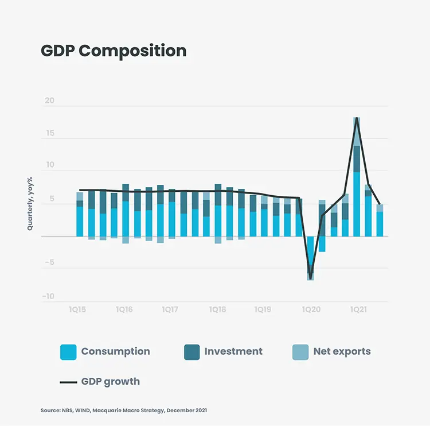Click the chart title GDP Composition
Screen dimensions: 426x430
coord(114,51)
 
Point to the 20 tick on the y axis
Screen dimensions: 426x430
coord(49,101)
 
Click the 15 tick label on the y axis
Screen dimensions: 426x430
coord(49,133)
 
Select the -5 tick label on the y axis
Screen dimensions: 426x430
coord(49,263)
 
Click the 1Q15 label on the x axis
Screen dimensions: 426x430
coord(77,309)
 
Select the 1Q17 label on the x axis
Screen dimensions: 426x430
coord(170,309)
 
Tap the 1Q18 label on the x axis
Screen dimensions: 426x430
coord(217,309)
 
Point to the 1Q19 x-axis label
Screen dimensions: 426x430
coord(263,309)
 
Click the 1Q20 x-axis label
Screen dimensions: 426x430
coord(311,309)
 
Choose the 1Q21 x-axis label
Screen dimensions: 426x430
coord(358,309)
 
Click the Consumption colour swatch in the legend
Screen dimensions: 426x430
coord(68,352)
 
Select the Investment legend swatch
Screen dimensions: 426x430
coord(191,352)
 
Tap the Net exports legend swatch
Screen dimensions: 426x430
coord(300,352)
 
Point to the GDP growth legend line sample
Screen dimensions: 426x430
coord(68,382)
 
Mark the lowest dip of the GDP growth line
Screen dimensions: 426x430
coord(310,278)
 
